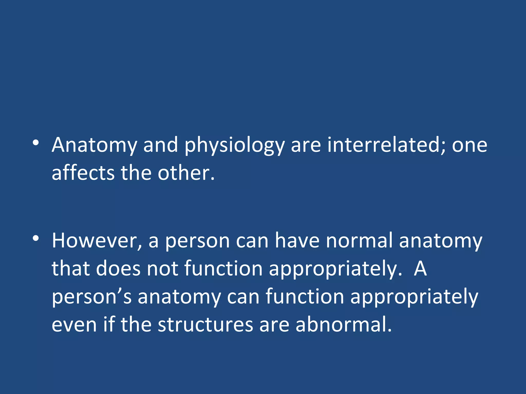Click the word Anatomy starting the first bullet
pos(94,145)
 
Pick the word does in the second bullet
pos(118,269)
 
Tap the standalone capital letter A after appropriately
pos(420,269)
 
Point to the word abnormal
pos(343,325)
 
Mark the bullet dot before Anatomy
pos(36,143)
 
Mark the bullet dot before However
pos(36,238)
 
